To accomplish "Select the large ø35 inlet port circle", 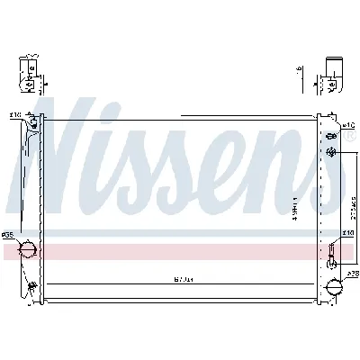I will point(26,248).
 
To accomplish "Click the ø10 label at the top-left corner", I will point(15,115).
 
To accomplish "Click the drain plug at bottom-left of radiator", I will point(32,287).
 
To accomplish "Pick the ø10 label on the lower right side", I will point(346,233).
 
